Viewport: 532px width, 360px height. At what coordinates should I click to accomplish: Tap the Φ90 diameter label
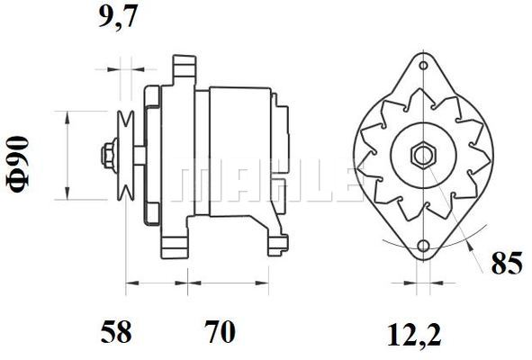(18, 164)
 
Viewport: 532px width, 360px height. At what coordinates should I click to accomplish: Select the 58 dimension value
(116, 332)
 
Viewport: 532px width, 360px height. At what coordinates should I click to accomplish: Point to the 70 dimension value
(220, 332)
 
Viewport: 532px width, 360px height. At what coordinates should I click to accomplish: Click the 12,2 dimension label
(414, 335)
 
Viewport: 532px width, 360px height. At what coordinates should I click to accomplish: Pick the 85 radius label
(507, 263)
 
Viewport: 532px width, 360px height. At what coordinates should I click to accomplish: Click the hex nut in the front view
(423, 156)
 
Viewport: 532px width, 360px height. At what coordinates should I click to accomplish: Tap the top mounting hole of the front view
(423, 65)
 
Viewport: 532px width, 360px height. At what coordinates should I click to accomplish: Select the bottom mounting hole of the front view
(423, 246)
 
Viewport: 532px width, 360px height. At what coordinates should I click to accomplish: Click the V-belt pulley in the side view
(125, 156)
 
